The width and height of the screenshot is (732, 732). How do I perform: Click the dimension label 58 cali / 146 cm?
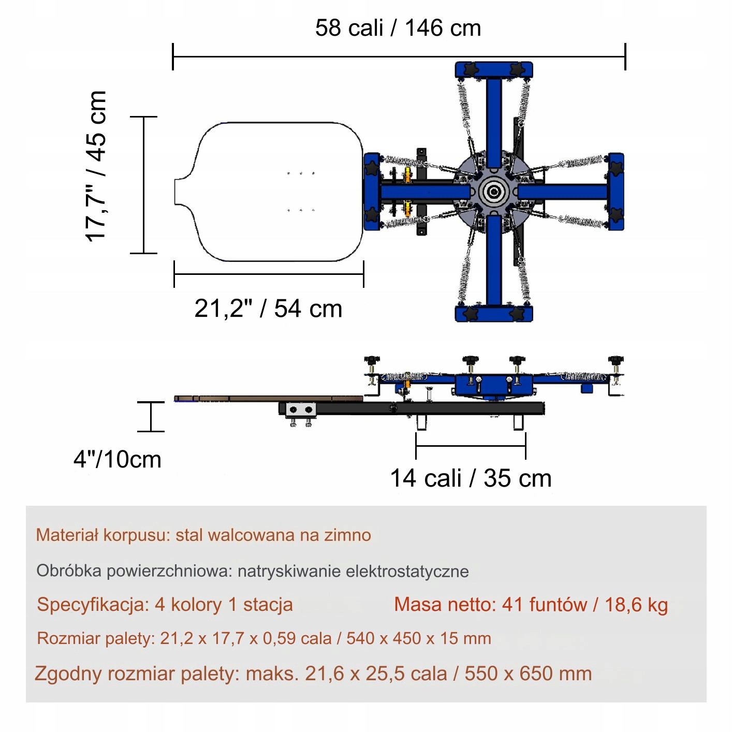point(398,28)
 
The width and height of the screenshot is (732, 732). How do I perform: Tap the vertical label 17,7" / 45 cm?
point(95,166)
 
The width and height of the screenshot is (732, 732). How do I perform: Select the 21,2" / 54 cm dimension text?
point(268,309)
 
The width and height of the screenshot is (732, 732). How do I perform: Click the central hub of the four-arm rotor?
point(493,192)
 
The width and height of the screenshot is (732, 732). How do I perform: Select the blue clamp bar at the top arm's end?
point(494,70)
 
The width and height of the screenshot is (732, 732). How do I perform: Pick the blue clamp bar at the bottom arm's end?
point(494,313)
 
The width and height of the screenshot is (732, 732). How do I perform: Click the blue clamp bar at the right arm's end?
point(616,192)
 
